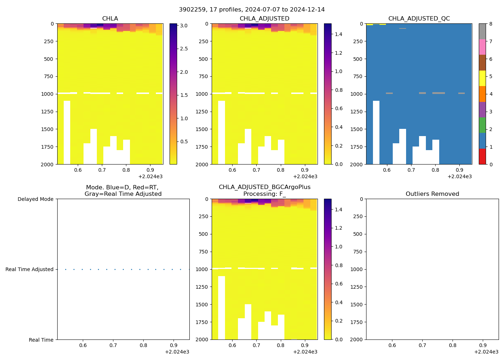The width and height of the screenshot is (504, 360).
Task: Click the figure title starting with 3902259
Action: pos(252,10)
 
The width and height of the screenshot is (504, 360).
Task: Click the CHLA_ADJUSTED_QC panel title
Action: pos(419,19)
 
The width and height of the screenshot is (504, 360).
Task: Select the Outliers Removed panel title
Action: pos(432,194)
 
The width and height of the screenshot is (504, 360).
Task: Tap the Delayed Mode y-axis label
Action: pos(35,199)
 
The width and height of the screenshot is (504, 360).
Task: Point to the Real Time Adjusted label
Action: pos(29,269)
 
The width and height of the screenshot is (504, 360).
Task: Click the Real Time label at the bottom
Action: pos(41,340)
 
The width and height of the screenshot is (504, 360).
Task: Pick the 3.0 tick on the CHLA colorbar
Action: pos(184,26)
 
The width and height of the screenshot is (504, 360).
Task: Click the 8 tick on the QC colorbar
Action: pos(490,24)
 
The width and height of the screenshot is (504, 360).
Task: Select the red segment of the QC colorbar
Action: pos(482,157)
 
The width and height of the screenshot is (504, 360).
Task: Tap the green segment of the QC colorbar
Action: pos(482,125)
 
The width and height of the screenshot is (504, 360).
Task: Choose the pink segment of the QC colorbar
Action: pos(482,47)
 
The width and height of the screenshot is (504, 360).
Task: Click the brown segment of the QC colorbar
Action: pos(482,63)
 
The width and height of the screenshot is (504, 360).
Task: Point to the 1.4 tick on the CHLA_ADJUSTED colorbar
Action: pos(338,34)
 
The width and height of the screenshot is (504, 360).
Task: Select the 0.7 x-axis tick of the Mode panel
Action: pos(113,346)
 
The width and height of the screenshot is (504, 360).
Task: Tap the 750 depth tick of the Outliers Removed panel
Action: pos(358,252)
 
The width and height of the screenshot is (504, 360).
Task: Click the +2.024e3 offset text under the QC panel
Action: pos(459,177)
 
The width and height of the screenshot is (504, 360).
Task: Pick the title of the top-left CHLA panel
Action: pos(110,19)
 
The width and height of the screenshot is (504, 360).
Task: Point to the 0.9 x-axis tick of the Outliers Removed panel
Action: pos(483,346)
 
